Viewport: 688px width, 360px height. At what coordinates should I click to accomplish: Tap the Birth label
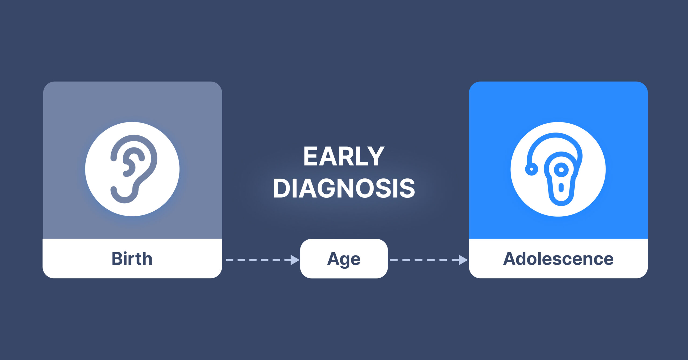coord(132,259)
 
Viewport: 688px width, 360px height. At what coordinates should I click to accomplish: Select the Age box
coord(344,258)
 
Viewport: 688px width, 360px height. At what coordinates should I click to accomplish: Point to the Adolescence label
coord(558,259)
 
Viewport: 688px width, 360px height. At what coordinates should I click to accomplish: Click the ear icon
coord(134,169)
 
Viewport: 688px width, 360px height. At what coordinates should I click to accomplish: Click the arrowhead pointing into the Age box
coord(295,260)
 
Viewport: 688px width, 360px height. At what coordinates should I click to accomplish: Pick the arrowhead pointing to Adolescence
coord(463,260)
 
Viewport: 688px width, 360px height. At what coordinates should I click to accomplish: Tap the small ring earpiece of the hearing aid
coord(531,169)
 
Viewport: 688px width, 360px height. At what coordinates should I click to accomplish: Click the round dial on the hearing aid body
coord(561,170)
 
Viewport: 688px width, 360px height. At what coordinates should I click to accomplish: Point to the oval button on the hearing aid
coord(561,188)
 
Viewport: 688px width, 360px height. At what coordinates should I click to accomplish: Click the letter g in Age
coord(345,261)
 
